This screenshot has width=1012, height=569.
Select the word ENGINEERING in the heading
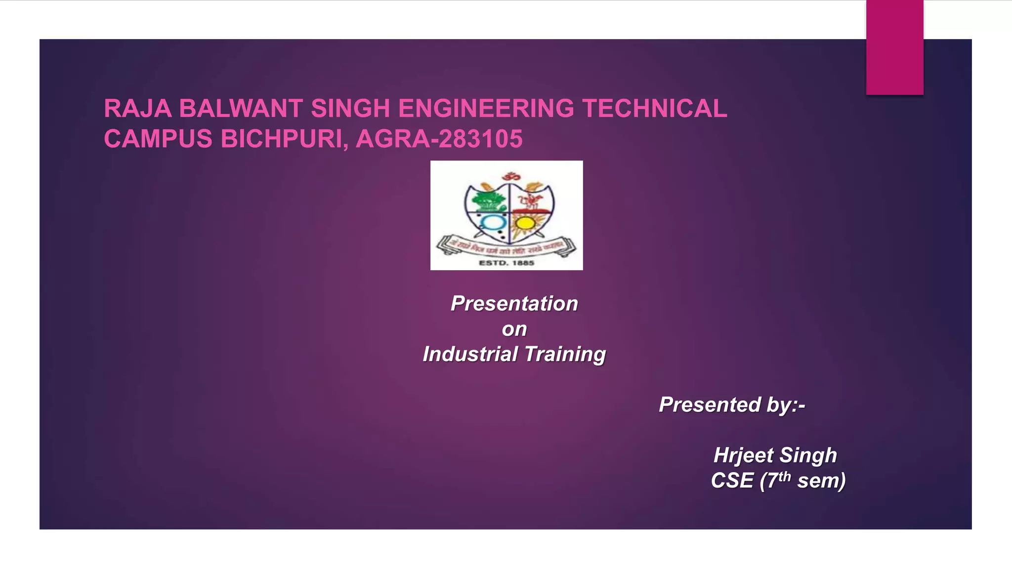(486, 109)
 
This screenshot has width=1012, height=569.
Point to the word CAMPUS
(158, 139)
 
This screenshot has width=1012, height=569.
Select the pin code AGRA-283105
(439, 139)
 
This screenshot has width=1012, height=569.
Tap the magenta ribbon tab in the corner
(894, 47)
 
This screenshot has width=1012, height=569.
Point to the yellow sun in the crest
(525, 223)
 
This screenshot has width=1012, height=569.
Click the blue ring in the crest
(492, 223)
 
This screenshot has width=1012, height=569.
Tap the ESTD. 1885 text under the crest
(506, 263)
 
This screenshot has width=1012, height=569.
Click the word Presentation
(514, 303)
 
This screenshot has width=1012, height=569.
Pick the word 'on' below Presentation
(514, 329)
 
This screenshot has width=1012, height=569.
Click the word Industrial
(470, 354)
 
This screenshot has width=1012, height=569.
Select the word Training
(565, 354)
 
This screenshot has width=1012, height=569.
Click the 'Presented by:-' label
(732, 405)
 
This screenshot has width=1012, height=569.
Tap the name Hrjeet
(743, 455)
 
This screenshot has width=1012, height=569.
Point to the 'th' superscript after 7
(785, 476)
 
